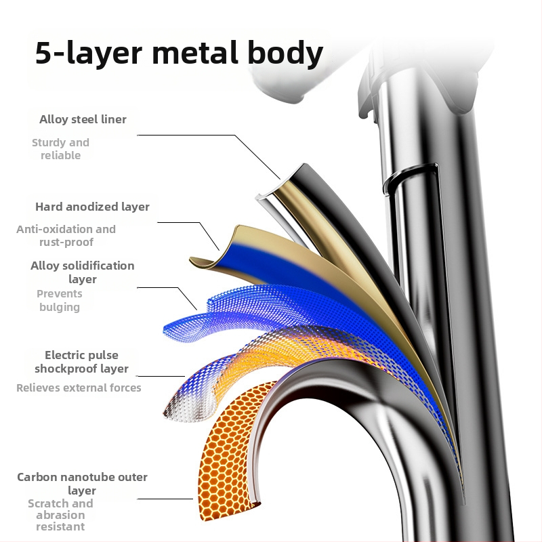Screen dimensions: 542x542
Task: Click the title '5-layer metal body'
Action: tap(179, 53)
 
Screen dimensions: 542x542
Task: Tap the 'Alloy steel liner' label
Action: tap(83, 119)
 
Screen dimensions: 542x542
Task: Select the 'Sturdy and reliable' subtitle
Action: tap(60, 149)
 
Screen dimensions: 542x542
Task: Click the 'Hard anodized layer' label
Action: tap(92, 207)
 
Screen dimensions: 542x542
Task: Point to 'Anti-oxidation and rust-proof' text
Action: tap(66, 235)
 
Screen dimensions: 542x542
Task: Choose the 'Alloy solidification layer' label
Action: tap(82, 272)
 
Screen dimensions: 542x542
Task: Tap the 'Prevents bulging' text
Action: tap(60, 300)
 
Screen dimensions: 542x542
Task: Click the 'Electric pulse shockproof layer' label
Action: tap(81, 362)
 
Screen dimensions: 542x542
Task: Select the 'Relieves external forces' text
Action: tap(79, 388)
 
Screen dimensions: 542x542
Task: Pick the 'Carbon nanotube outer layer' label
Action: tap(82, 483)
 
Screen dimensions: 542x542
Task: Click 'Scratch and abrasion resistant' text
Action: tap(60, 515)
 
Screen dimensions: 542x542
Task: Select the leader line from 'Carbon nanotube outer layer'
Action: tap(165, 499)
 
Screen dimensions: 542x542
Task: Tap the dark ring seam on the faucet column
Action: tap(410, 174)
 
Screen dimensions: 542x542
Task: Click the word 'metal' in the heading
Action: tap(195, 53)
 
